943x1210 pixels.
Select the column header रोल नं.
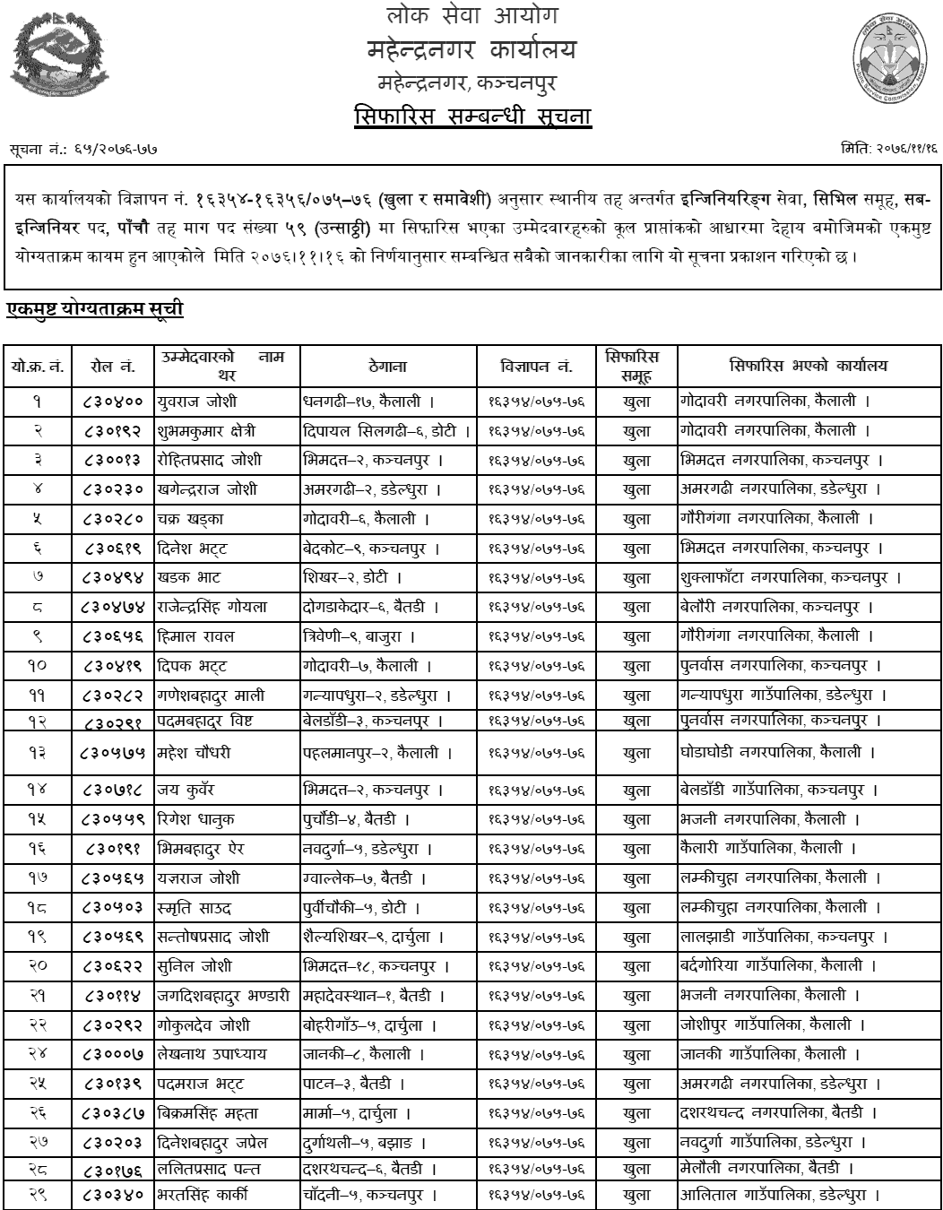coord(113,366)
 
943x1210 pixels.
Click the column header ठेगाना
coord(387,366)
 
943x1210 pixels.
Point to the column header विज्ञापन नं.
coord(536,366)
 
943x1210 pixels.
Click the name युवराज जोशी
coord(197,401)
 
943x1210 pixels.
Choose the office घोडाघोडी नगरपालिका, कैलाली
coord(771,753)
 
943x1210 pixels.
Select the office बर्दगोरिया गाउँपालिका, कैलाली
coord(772,966)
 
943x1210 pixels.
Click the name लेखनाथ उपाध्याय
coord(212,1054)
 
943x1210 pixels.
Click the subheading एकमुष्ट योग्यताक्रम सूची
coord(95,309)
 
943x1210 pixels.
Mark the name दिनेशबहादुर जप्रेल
coord(213,1143)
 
